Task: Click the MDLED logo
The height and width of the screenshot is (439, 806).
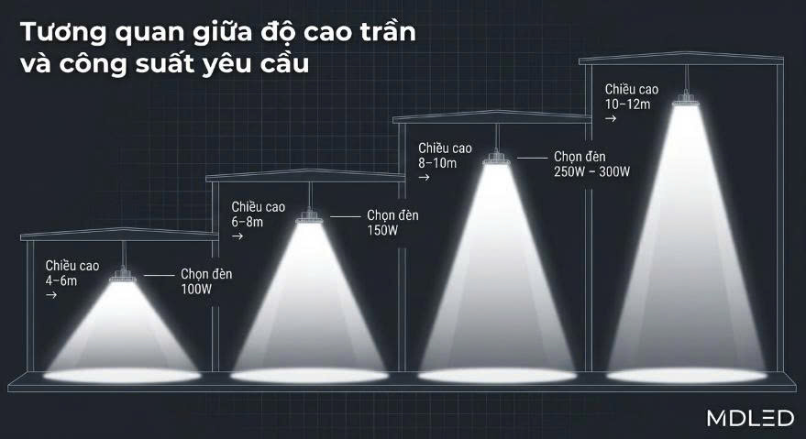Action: pyautogui.click(x=750, y=419)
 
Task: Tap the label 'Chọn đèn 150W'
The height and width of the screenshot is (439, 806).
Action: pyautogui.click(x=392, y=223)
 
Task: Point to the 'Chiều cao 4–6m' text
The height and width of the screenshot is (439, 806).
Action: pyautogui.click(x=72, y=273)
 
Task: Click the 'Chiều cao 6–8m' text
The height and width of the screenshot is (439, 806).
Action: pyautogui.click(x=257, y=214)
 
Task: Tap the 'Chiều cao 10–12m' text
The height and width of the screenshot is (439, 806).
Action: pyautogui.click(x=632, y=96)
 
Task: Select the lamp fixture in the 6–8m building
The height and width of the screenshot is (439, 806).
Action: pyautogui.click(x=309, y=218)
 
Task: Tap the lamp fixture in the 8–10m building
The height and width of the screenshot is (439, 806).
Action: pyautogui.click(x=498, y=158)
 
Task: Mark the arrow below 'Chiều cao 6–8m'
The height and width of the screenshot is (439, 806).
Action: pyautogui.click(x=237, y=237)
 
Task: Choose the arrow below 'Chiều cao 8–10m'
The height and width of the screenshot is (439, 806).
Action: pyautogui.click(x=425, y=178)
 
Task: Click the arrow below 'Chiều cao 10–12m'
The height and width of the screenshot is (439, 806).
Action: pyautogui.click(x=610, y=119)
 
